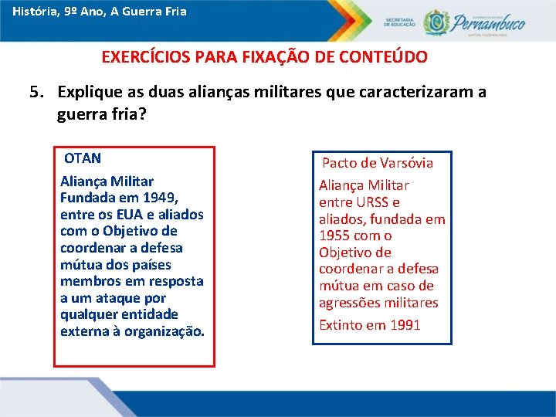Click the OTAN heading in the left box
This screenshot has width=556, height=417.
coord(83,158)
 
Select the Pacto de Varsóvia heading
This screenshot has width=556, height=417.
coord(377,163)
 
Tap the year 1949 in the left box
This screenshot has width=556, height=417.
coord(161,198)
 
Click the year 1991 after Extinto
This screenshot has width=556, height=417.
coord(405,325)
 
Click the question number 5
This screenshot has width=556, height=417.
coord(35,93)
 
